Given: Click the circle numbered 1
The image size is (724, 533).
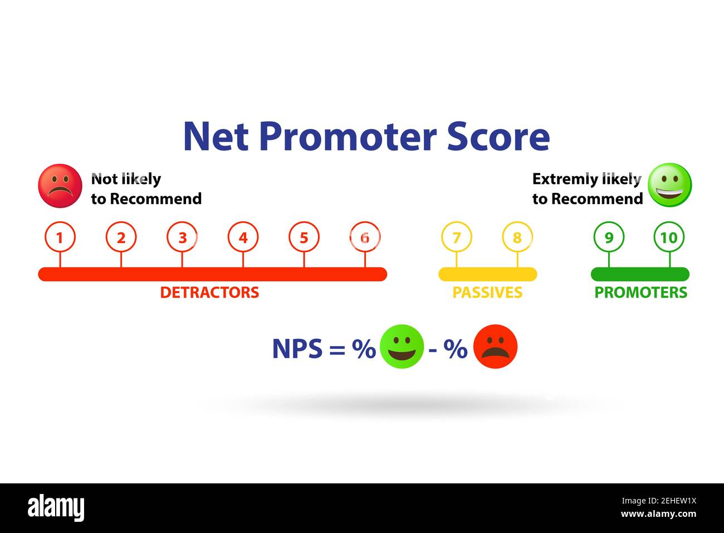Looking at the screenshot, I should click(x=60, y=238).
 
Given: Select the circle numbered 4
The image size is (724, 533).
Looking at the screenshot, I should click(x=243, y=238).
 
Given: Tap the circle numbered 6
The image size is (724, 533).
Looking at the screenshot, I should click(x=365, y=238).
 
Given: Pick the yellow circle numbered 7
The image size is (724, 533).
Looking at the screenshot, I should click(x=456, y=238).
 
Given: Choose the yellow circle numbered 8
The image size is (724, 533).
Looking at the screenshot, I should click(x=517, y=238).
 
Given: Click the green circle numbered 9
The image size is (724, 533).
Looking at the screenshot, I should click(x=609, y=238).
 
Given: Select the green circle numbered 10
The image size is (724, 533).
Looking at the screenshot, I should click(x=668, y=238).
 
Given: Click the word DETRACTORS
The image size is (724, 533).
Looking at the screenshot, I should click(x=209, y=293).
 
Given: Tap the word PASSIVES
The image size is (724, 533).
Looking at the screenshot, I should click(x=487, y=293).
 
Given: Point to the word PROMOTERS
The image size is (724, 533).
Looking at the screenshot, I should click(x=640, y=293).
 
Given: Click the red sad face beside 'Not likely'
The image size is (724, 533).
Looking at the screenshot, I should click(x=60, y=186).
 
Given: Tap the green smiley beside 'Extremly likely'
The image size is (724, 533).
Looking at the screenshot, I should click(x=669, y=185).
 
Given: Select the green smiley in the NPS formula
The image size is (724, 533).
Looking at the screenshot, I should click(x=402, y=347).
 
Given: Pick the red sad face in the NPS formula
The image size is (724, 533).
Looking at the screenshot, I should click(x=495, y=347).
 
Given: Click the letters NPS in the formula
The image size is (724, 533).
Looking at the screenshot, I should click(x=297, y=349).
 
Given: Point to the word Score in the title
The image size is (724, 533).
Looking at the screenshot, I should click(x=498, y=137).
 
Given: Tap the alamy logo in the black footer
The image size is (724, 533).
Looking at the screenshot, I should click(x=56, y=508).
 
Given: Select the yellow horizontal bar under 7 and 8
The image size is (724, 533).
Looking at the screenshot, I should click(x=487, y=274).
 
